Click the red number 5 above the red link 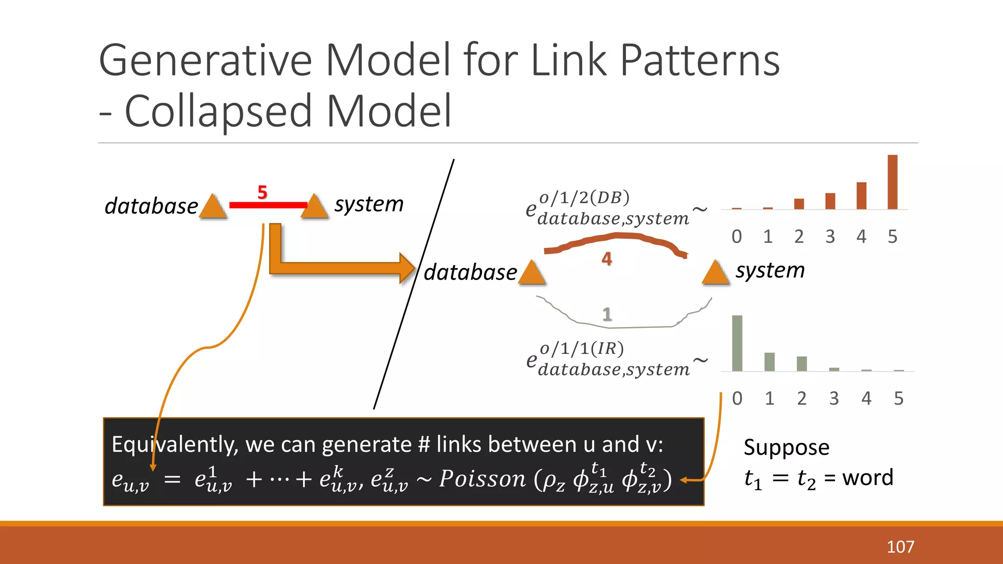tap(263, 192)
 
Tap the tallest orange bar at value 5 tap(892, 182)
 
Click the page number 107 tap(900, 547)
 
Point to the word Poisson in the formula tap(482, 478)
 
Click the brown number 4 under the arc tap(607, 258)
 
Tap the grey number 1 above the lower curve tap(607, 314)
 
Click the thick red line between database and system tap(268, 205)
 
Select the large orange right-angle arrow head tap(406, 268)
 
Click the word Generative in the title tap(206, 60)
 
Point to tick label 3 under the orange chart tap(830, 237)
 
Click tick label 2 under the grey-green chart tap(801, 399)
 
